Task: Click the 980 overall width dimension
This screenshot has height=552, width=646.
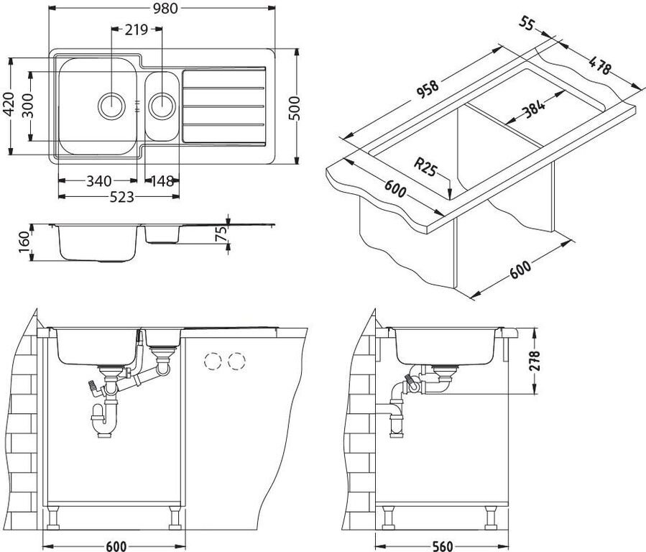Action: [x=165, y=8]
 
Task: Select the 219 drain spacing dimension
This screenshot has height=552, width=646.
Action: [x=137, y=29]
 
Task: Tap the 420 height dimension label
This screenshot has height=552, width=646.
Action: [x=9, y=106]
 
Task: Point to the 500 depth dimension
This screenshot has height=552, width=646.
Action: [x=294, y=108]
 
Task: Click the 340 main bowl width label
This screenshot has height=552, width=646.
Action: [x=99, y=181]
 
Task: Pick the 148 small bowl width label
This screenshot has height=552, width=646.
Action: [x=162, y=181]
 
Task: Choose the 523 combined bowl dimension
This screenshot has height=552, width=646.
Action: [x=122, y=198]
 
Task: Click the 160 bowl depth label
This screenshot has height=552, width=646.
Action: [x=24, y=242]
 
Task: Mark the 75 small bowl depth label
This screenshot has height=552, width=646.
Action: [x=221, y=234]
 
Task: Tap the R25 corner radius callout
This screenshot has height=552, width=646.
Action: [x=425, y=167]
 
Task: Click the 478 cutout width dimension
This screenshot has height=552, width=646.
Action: [x=599, y=65]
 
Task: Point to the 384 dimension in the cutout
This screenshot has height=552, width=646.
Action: [x=533, y=109]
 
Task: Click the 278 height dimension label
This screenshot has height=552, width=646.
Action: [x=535, y=361]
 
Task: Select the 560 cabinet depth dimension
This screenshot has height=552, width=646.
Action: [x=442, y=546]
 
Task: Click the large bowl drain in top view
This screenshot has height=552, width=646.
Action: [x=111, y=106]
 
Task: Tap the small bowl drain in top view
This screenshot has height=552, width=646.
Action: [x=162, y=106]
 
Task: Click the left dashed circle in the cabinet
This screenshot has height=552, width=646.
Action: [x=213, y=362]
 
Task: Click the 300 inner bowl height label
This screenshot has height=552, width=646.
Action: [x=28, y=106]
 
